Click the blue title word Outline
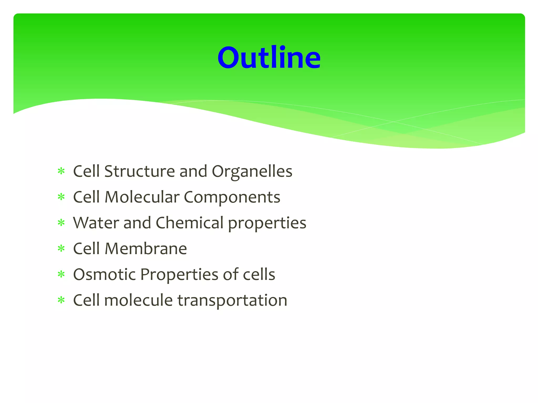click(269, 57)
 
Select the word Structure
click(139, 172)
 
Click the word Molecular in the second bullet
click(142, 197)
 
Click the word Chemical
click(189, 223)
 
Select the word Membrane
click(146, 249)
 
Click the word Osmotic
click(104, 274)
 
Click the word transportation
click(232, 300)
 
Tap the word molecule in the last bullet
click(138, 300)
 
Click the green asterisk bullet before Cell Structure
click(61, 171)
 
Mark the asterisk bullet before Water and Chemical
click(61, 223)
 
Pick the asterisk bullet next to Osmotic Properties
click(61, 274)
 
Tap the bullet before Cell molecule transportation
click(61, 300)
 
